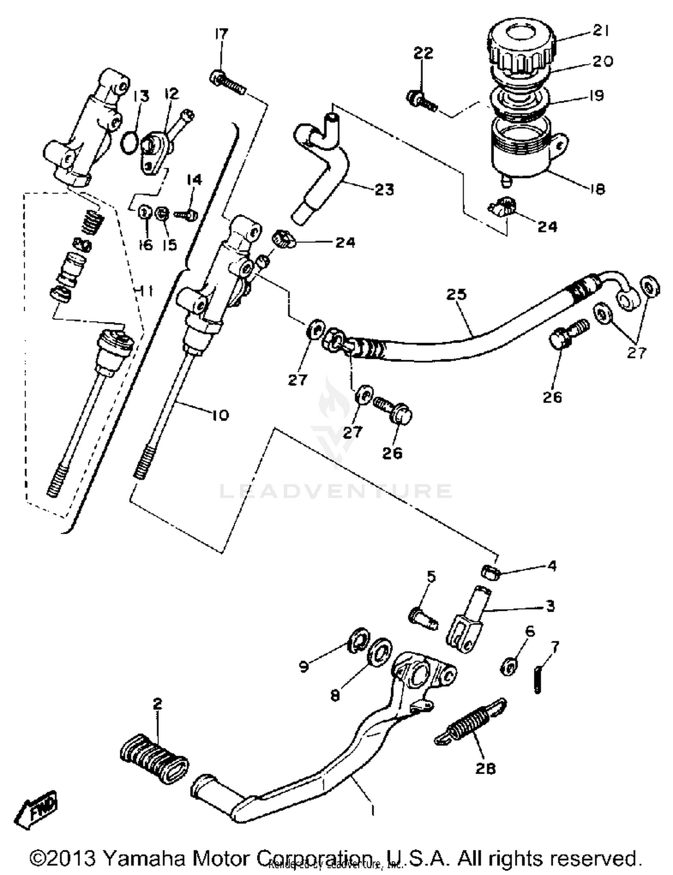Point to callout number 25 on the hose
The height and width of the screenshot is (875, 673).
pos(456,295)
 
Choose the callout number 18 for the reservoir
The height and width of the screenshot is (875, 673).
pos(597,188)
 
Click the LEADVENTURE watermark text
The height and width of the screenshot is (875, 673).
pos(335,491)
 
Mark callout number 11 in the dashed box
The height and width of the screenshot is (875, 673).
pos(144,292)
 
